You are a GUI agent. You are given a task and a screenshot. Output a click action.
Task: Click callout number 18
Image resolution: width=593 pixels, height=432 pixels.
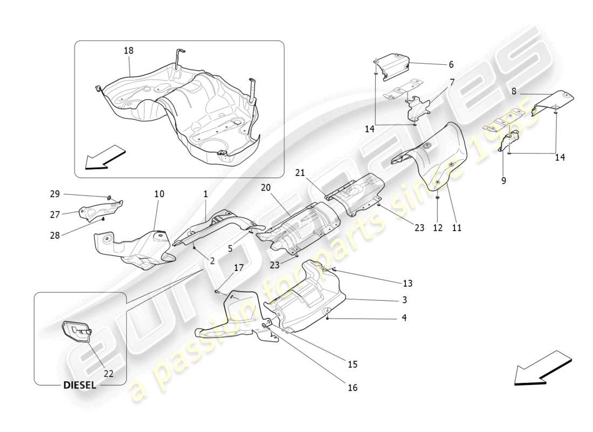click(128, 50)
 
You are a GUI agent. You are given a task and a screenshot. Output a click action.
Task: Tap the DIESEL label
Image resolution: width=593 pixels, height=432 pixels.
click(80, 385)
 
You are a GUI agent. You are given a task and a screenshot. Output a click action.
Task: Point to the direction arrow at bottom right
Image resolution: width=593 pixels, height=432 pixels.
click(542, 368)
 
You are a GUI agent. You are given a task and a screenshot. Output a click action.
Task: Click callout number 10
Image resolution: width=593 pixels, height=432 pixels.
click(160, 194)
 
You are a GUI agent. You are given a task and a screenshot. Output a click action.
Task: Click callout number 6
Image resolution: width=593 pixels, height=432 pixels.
click(451, 64)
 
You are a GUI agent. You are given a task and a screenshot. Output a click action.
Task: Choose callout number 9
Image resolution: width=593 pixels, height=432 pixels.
click(504, 181)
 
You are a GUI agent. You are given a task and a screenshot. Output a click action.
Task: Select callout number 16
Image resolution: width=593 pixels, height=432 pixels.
click(352, 387)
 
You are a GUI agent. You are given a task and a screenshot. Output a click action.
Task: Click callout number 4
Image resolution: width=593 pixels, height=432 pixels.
click(403, 318)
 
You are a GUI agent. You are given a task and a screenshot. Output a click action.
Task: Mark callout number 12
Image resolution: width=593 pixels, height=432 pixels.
click(437, 228)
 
